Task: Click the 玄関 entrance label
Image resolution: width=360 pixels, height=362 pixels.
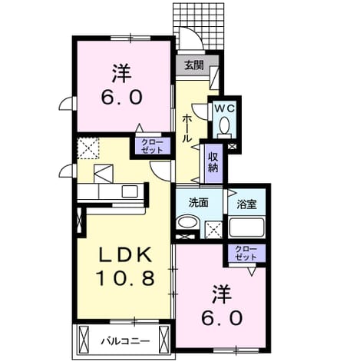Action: pos(194,65)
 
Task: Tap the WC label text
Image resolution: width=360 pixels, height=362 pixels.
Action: pos(224,108)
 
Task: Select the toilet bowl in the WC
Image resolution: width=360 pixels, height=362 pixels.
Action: pos(224,125)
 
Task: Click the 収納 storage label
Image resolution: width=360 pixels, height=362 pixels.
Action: pos(213,162)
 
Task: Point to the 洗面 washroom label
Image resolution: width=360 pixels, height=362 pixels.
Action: pos(199,203)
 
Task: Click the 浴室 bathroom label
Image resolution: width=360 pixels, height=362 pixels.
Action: pos(246,204)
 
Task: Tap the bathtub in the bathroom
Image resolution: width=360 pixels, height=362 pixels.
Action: pos(246,227)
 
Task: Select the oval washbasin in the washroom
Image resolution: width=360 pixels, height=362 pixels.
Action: pos(188,222)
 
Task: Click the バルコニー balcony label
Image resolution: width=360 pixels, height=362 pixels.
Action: pos(125,341)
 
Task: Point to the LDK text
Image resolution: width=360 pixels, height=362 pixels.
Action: pos(125,256)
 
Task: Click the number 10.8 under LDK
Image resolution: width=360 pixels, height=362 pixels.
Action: pos(125,278)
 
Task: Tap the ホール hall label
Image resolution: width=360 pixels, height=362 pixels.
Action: pos(187,128)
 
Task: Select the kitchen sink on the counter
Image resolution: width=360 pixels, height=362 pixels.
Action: pos(130,191)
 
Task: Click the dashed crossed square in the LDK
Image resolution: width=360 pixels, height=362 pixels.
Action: pos(88,148)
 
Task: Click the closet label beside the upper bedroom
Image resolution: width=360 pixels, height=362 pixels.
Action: pos(152,146)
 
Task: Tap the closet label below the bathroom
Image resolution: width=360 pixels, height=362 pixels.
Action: pos(246,253)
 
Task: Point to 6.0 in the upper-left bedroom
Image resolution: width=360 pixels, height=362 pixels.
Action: pos(121,98)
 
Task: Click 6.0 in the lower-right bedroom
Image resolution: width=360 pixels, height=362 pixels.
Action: pos(222,318)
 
